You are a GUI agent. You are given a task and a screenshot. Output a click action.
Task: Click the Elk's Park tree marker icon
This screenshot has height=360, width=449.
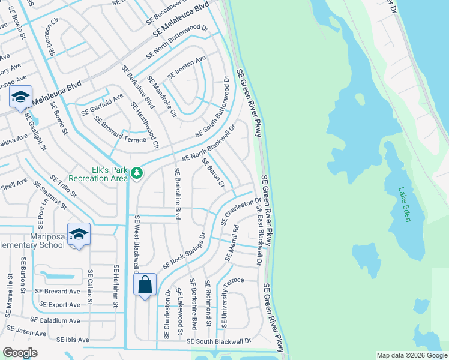click(137, 173)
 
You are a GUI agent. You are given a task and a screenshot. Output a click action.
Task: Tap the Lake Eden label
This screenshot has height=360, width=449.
click(404, 205)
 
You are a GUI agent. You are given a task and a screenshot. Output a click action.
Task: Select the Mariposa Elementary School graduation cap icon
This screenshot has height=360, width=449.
click(79, 234)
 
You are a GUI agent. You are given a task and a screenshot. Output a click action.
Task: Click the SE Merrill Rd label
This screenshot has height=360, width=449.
click(232, 243)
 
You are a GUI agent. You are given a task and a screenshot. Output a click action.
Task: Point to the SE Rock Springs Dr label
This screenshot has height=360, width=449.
click(183, 251)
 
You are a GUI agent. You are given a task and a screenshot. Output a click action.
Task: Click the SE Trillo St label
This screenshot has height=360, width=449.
click(59, 188)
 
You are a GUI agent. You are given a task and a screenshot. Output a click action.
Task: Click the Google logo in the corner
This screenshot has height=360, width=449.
click(19, 353)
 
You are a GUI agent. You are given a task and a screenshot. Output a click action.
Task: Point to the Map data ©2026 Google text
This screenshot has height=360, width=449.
click(411, 355)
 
